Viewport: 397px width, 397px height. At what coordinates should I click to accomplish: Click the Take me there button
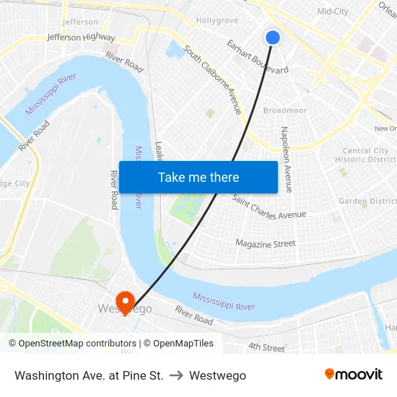(198, 178)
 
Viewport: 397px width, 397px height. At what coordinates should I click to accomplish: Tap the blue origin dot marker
(272, 38)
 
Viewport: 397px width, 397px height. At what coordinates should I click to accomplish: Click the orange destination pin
(125, 300)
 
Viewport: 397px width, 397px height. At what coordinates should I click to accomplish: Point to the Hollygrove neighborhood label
(217, 21)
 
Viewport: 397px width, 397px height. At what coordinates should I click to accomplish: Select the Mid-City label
(333, 12)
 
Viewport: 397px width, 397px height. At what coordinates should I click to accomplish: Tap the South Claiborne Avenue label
(213, 79)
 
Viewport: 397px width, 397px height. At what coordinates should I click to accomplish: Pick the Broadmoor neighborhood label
(285, 110)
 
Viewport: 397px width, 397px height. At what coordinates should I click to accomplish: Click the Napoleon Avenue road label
(287, 159)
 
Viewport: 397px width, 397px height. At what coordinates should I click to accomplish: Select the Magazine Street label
(266, 244)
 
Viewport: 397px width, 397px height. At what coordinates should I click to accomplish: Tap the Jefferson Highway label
(81, 37)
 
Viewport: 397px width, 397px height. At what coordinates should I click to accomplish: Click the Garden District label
(367, 201)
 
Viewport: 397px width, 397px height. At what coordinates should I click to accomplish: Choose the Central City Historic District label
(365, 155)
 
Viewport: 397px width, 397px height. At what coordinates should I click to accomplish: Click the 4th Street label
(266, 347)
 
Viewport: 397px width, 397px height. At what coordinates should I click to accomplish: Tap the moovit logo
(353, 375)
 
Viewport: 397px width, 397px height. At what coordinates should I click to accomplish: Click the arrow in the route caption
(176, 376)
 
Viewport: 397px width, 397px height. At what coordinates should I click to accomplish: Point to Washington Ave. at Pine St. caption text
(89, 376)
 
